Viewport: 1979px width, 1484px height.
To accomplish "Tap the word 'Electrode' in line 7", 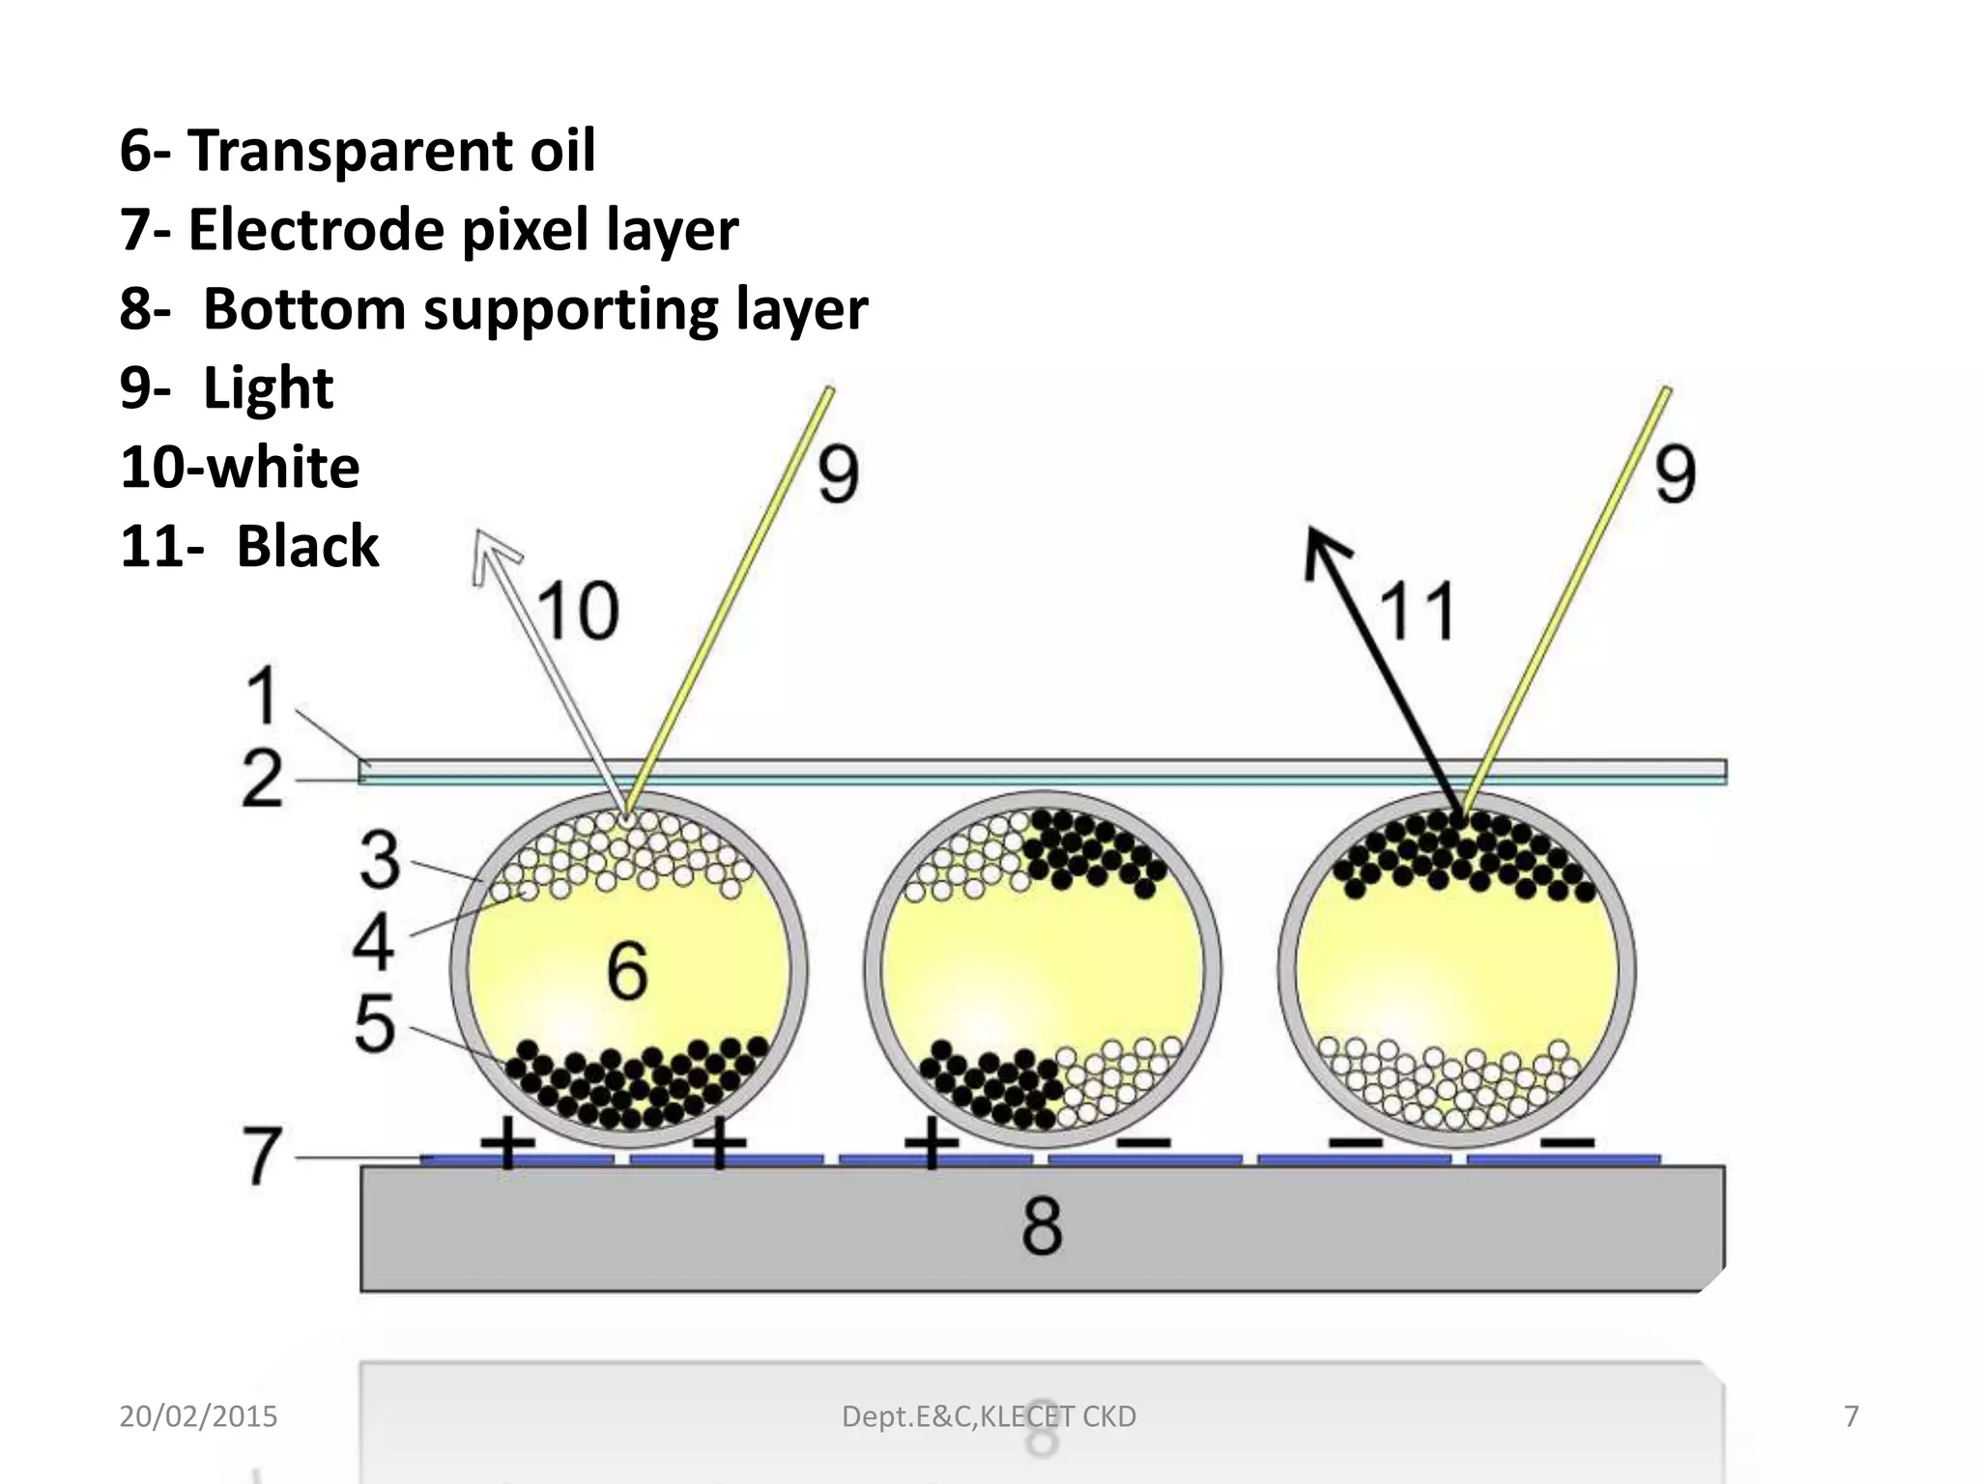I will click(315, 230).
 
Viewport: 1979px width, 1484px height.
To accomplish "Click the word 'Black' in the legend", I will click(307, 546).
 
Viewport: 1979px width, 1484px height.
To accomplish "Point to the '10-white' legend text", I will click(240, 468).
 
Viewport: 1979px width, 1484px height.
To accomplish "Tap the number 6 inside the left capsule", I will click(627, 971).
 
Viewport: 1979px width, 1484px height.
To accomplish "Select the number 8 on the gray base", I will click(1042, 1226).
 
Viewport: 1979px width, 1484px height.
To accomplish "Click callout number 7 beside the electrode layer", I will click(262, 1156).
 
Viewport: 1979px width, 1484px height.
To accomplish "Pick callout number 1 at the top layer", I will click(262, 695).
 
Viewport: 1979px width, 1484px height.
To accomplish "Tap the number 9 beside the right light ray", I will click(1675, 474).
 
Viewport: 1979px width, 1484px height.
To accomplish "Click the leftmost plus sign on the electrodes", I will click(507, 1143).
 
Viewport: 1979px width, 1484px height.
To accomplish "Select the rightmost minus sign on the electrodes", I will click(1566, 1143).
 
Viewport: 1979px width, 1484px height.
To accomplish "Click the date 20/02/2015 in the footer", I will click(198, 1416).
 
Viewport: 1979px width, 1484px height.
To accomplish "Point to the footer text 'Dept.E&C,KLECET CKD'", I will click(989, 1416).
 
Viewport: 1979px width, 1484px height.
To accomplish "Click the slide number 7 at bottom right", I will click(1850, 1416).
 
